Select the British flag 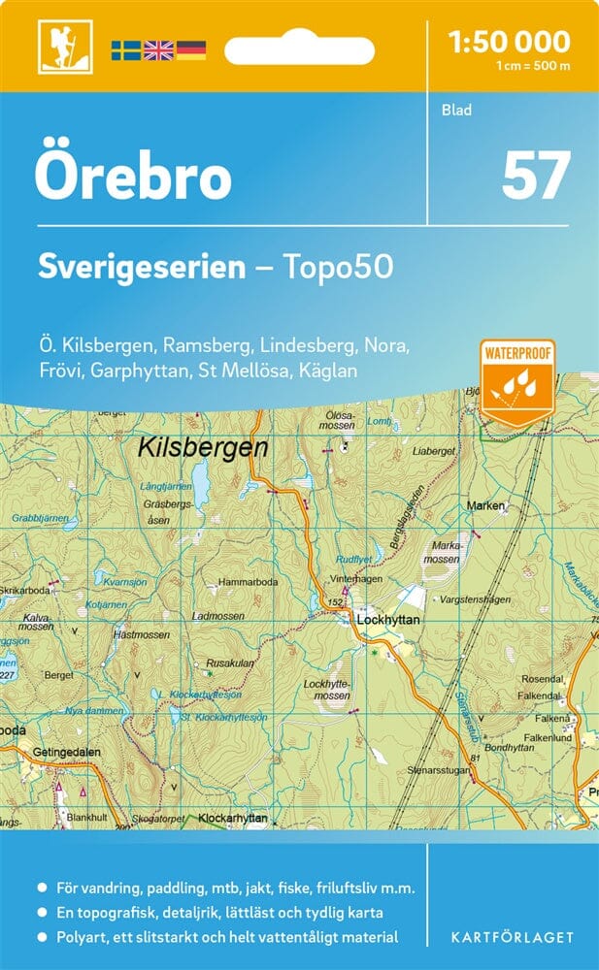[157, 50]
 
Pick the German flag [190, 50]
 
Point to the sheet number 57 [535, 176]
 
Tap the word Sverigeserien [142, 267]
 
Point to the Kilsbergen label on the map [202, 447]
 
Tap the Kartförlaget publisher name [513, 938]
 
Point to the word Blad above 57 [456, 110]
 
